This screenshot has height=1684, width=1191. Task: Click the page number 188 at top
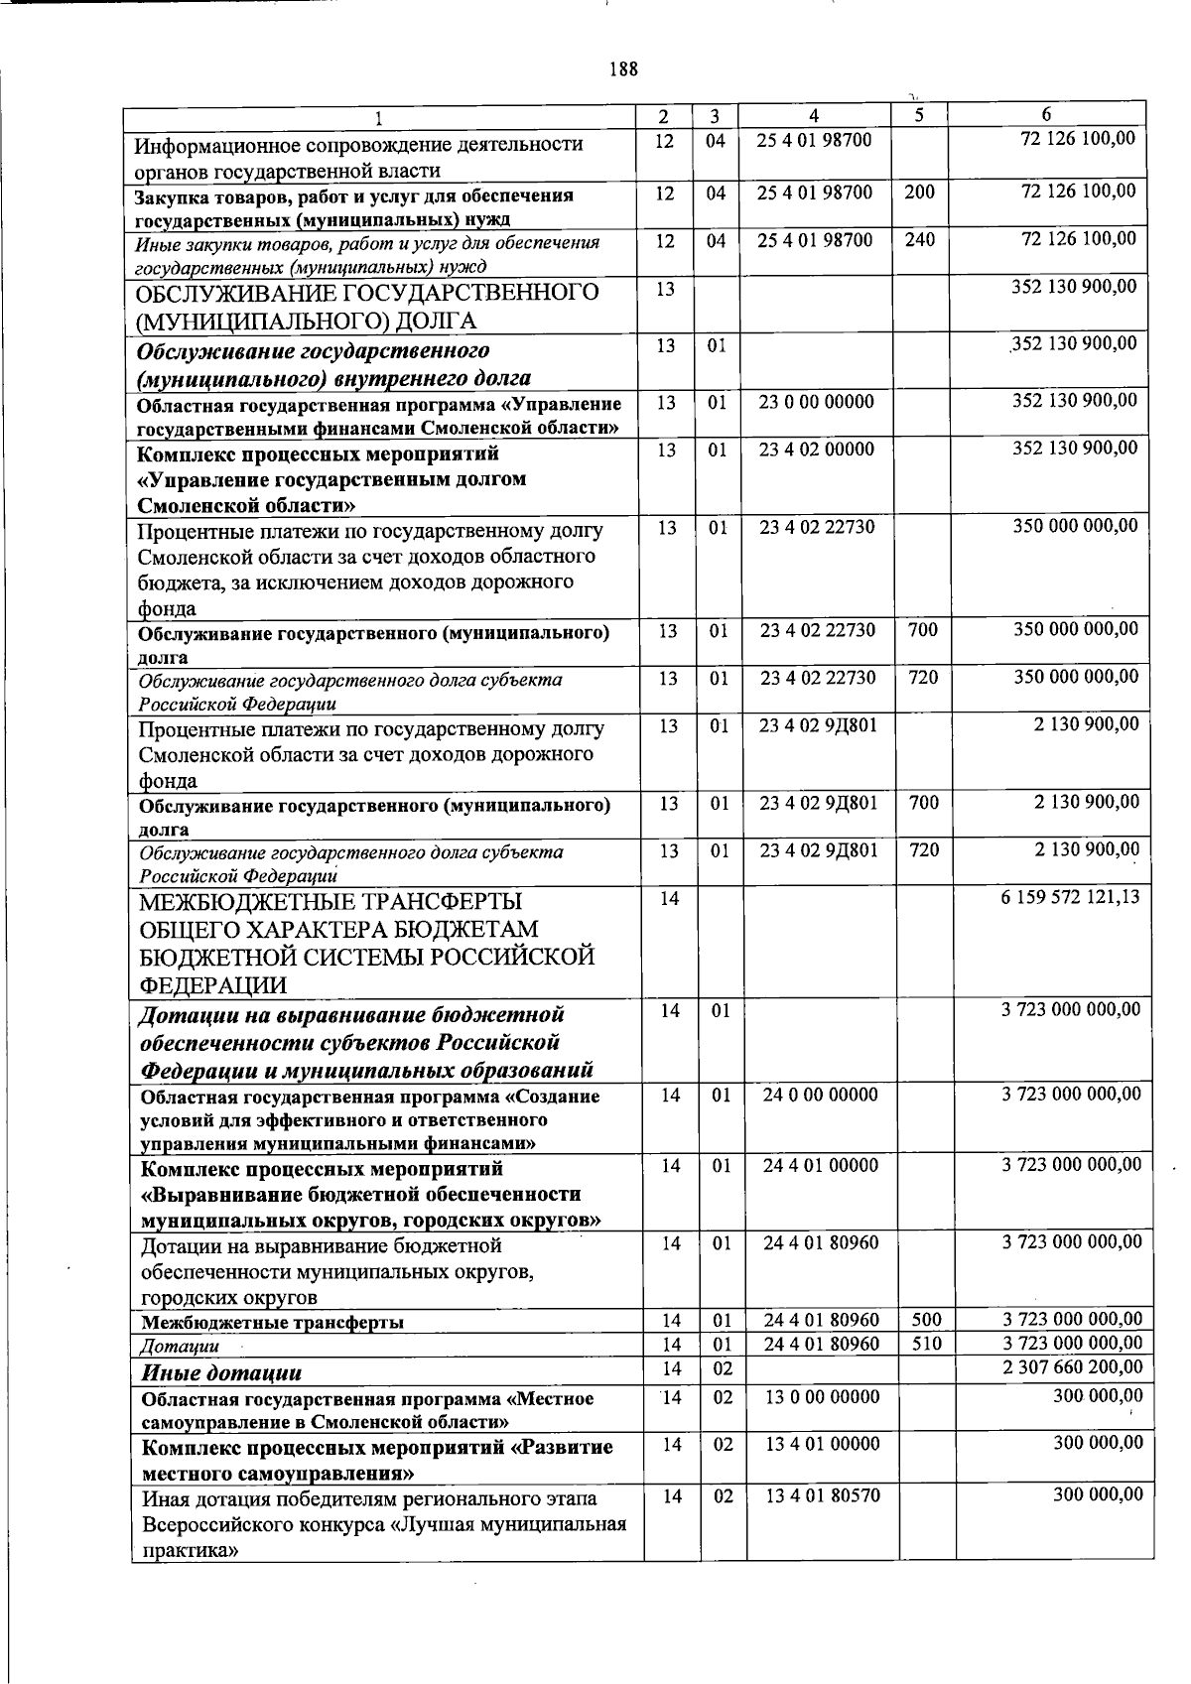[623, 68]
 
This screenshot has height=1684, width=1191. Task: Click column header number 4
[814, 115]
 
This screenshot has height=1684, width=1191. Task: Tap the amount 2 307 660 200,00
[1072, 1366]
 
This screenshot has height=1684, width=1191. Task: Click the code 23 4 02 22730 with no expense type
[818, 527]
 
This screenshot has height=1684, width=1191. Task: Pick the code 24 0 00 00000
[821, 1095]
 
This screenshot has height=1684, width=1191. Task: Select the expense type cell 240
[920, 239]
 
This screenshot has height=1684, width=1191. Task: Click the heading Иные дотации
[221, 1372]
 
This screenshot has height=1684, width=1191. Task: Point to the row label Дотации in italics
[179, 1346]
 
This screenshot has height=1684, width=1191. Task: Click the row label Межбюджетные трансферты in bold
[272, 1322]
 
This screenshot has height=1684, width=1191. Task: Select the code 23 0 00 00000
[817, 402]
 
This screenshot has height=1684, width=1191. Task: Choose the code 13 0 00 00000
[823, 1397]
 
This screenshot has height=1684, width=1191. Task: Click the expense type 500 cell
[924, 1320]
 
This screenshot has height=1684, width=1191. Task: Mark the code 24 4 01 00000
[821, 1165]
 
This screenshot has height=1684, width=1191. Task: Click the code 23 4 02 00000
[817, 450]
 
